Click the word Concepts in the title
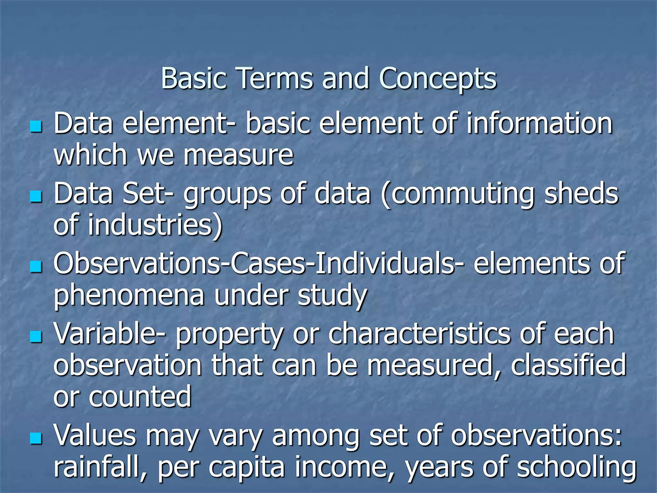tap(438, 79)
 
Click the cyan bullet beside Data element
tap(36, 126)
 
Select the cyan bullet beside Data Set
tap(36, 196)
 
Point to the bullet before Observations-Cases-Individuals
tap(36, 266)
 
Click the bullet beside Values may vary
tap(36, 438)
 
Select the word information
tap(539, 124)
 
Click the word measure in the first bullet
tap(238, 155)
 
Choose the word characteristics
tap(419, 334)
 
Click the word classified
tap(568, 365)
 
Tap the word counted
tap(140, 397)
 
